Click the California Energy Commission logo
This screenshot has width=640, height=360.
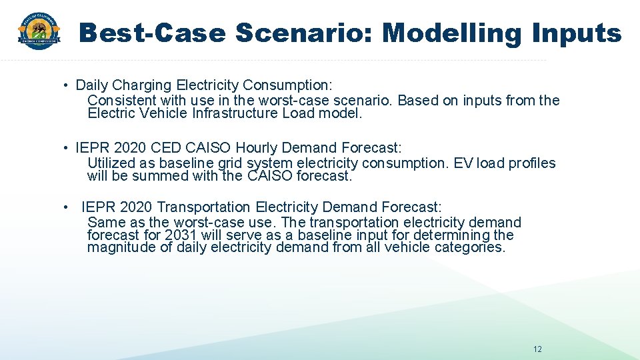coord(39,31)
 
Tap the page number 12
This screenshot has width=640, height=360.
coord(537,349)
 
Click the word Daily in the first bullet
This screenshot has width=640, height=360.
coord(90,85)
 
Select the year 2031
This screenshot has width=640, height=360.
coord(180,235)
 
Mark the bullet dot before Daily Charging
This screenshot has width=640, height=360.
coord(67,86)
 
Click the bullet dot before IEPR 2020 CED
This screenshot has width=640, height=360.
coord(67,148)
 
